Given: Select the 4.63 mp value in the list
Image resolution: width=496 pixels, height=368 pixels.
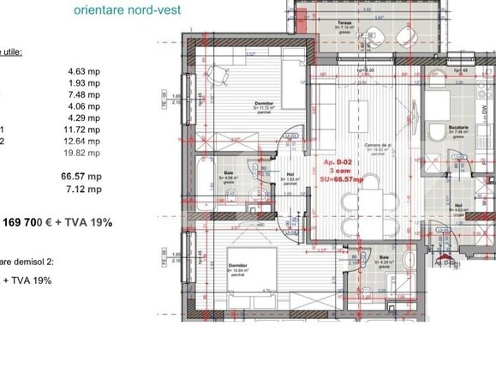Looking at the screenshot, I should pyautogui.click(x=85, y=72).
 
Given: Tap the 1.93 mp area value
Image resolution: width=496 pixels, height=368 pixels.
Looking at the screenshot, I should pyautogui.click(x=85, y=87).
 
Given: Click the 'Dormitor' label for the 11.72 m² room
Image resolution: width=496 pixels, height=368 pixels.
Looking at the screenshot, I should pyautogui.click(x=263, y=101).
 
